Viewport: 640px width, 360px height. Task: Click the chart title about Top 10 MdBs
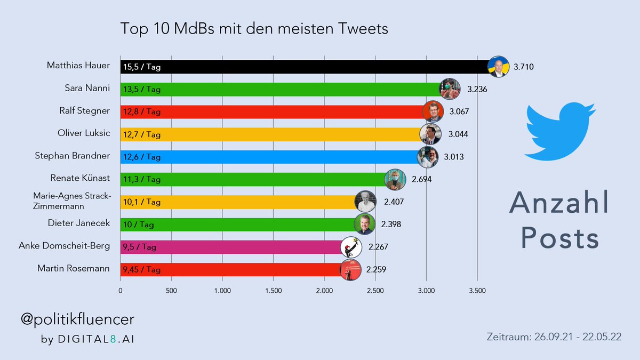254,28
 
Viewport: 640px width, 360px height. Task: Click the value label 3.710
523,67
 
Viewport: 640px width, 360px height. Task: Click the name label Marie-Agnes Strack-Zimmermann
72,202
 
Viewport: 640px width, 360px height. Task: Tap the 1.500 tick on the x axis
273,291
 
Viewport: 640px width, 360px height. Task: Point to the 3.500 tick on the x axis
477,291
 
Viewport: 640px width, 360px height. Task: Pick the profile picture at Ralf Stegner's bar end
432,111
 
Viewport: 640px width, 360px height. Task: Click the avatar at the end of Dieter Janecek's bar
364,224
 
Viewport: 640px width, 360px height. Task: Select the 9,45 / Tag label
141,270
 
